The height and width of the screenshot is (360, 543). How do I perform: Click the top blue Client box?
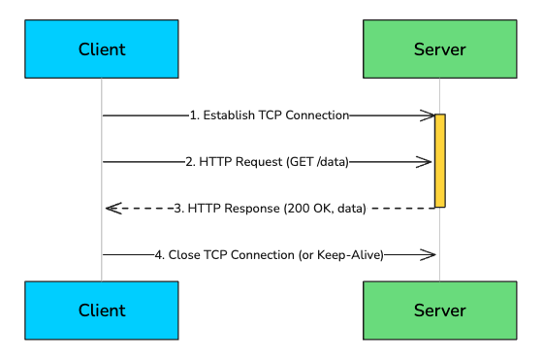pos(101,49)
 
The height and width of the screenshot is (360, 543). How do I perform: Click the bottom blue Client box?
pos(101,311)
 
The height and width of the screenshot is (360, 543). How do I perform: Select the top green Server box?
pos(439,49)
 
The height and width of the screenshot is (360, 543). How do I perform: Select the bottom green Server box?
pos(439,311)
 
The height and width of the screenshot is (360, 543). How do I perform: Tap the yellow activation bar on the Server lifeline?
pos(439,160)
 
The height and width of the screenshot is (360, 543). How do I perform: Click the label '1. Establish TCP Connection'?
pos(269,115)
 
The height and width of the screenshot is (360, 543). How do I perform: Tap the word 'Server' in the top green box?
pos(439,49)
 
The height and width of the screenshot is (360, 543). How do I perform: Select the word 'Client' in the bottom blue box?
pos(101,311)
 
